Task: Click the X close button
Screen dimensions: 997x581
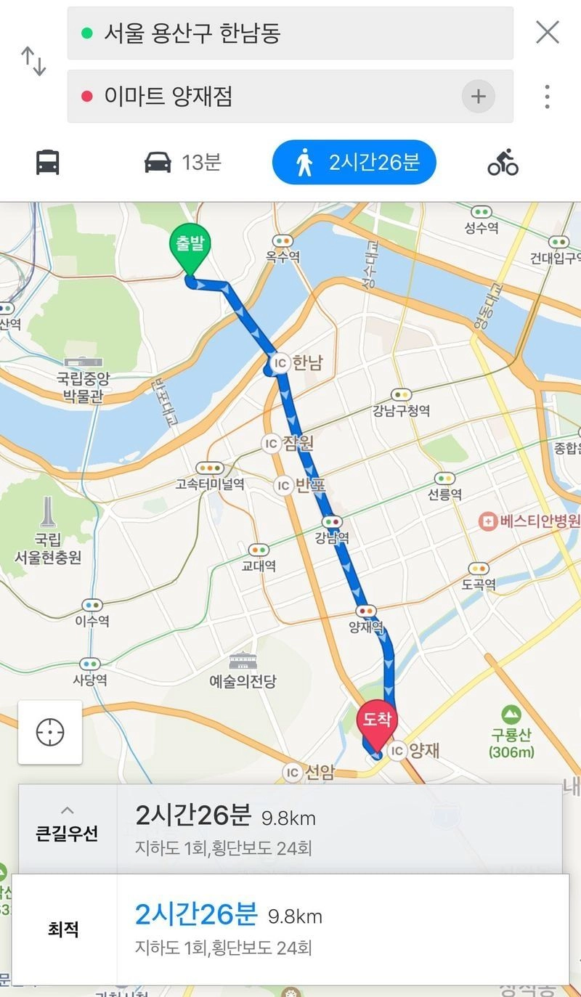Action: (547, 33)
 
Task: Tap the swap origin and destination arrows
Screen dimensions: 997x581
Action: (33, 62)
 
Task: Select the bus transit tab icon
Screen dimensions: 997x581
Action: (48, 162)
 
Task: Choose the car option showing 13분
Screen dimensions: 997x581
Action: (182, 162)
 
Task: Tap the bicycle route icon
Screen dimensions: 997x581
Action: (503, 162)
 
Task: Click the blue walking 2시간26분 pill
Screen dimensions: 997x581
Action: (354, 162)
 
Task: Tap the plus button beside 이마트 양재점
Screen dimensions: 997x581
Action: (478, 97)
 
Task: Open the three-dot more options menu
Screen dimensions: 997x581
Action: (547, 97)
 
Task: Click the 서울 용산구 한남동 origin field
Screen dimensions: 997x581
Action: (290, 33)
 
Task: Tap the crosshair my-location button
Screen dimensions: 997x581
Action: (50, 732)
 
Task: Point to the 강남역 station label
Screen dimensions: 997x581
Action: (332, 538)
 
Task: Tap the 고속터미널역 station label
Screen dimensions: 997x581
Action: (210, 484)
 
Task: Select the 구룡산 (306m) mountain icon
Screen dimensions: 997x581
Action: (511, 715)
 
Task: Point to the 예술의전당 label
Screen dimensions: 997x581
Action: (243, 681)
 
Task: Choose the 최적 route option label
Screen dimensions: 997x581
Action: (63, 929)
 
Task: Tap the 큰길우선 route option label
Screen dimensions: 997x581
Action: (67, 833)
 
